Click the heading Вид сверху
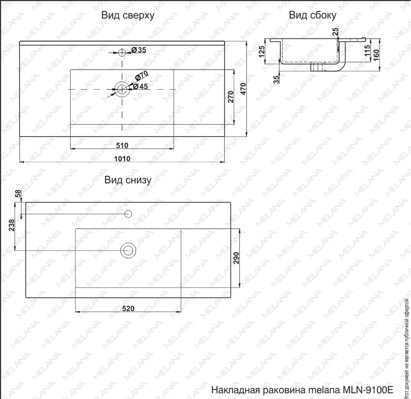point(128,16)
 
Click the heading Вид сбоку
point(312,16)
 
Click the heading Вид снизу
point(128,180)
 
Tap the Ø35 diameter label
point(139,50)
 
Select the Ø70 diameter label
point(142,76)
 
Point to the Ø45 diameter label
point(140,86)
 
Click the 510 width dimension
point(122,145)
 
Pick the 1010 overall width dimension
point(122,159)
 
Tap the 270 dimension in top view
point(231,97)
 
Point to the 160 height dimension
point(376,54)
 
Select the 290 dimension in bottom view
point(236,257)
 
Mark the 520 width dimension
point(128,309)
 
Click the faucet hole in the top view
point(122,52)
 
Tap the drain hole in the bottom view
point(128,250)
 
